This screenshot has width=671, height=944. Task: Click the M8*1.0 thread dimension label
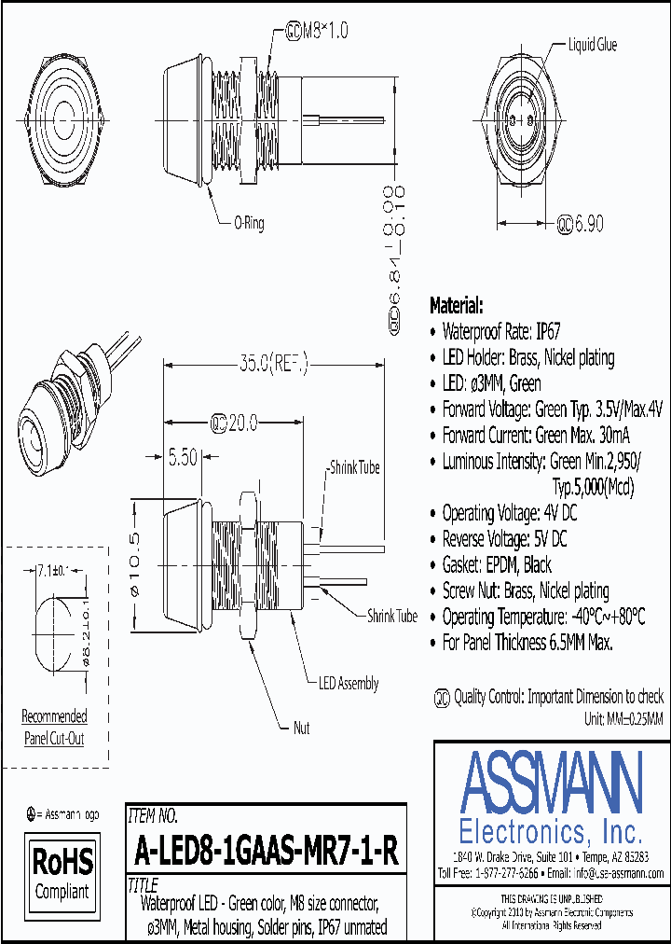[320, 31]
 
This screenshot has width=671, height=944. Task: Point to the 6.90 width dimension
[584, 223]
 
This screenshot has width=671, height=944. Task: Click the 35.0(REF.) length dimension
[273, 361]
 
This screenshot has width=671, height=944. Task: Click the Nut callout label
[301, 728]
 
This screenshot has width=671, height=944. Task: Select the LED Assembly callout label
[349, 684]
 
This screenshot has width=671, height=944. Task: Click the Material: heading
[456, 305]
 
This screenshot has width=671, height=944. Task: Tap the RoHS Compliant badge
[63, 870]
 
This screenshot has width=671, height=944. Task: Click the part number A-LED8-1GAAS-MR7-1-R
[267, 850]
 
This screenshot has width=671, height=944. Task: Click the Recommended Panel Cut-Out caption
[54, 728]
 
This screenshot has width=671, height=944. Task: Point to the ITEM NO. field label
[153, 815]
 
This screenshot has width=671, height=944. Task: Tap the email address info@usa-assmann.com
[617, 873]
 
